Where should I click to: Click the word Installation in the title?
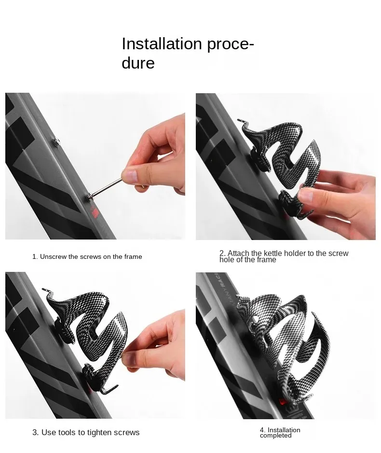click(162, 43)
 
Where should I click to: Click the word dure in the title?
click(138, 63)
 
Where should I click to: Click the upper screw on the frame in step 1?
click(56, 142)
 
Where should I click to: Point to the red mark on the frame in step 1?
click(95, 213)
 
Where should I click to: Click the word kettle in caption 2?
click(272, 253)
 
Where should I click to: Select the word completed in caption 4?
click(276, 436)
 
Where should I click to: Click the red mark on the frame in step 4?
click(283, 402)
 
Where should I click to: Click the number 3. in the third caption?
click(35, 433)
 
